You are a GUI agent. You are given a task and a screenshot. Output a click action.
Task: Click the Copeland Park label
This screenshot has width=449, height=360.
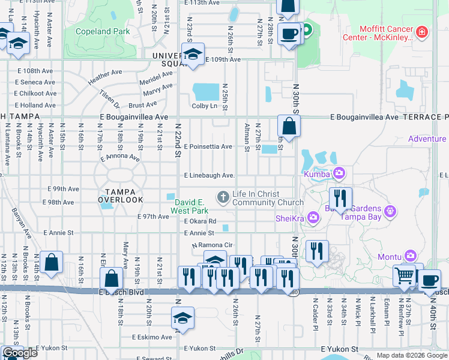coord(103,31)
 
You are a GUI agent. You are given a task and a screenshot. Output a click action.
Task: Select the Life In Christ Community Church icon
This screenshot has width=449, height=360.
coord(223,196)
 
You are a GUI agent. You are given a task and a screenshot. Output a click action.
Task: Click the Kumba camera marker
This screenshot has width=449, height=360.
coord(339,173)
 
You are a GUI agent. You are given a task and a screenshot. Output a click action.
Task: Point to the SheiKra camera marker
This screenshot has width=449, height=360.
coord(312,217)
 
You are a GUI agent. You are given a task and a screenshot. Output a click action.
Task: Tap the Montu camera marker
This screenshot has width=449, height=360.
coord(410,256)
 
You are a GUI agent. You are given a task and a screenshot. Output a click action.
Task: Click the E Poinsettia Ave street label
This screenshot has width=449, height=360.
coord(208,146)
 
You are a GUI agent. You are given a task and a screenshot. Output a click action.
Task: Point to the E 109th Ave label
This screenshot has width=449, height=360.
coord(223,59)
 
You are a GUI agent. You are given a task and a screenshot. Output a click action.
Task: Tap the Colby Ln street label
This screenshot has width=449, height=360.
coord(204,106)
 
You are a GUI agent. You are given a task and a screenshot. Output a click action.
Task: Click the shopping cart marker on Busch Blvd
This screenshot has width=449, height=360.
coord(405,275)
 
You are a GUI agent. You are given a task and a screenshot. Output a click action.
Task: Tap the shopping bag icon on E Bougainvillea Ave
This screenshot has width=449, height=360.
coord(289,126)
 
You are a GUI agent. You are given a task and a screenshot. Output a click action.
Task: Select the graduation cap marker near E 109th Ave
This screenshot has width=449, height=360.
coord(193,55)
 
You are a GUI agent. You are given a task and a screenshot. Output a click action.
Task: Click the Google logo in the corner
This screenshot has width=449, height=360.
coord(20,353)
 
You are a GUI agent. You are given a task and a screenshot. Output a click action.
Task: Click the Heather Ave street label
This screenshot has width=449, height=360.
coord(105,77)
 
